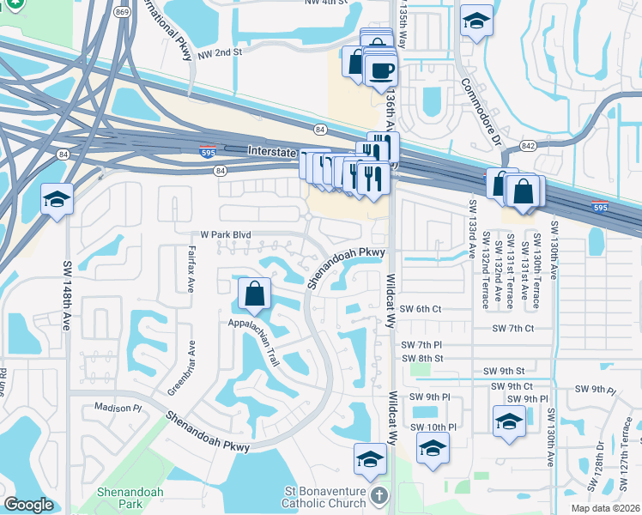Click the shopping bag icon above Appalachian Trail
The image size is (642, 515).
256,294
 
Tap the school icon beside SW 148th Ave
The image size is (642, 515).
57,201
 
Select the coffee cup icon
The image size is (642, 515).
380,70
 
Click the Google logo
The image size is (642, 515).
28,505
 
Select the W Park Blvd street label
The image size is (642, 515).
225,233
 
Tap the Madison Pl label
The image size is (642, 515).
117,408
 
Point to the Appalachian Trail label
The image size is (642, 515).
254,339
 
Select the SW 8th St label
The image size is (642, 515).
421,358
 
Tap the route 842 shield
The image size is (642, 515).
527,146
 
